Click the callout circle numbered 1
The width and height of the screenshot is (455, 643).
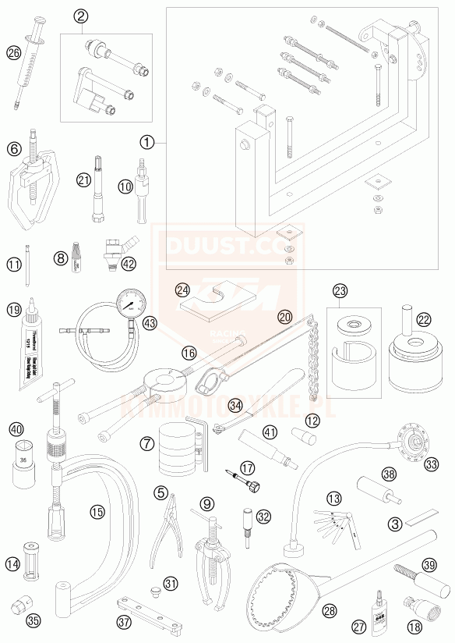point(147,142)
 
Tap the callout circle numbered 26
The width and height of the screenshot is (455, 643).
point(13,53)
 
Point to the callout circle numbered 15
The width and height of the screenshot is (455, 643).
point(97,512)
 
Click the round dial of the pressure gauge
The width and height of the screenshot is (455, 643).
point(129,304)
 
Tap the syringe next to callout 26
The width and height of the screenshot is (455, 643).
point(30,66)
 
